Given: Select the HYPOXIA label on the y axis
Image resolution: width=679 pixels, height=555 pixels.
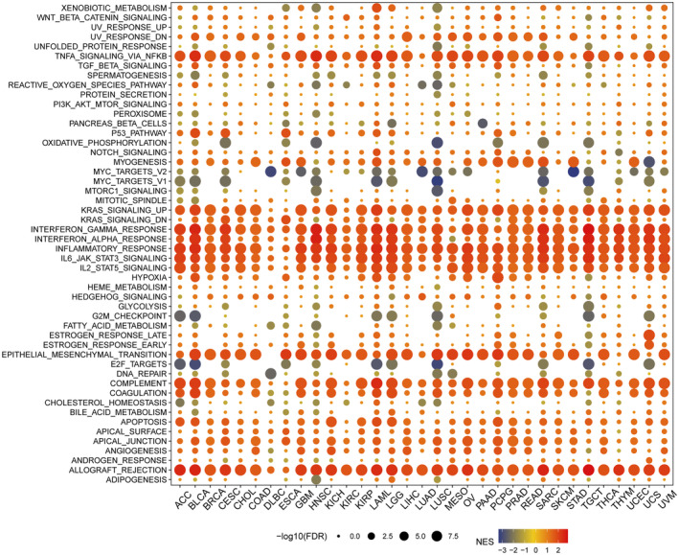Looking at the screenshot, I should pyautogui.click(x=145, y=277).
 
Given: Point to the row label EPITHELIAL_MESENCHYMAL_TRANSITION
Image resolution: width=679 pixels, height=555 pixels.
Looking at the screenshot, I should pyautogui.click(x=83, y=355).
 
